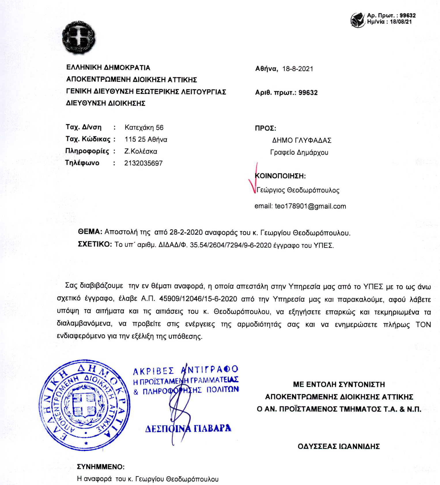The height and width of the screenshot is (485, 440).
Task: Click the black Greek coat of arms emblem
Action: tap(79, 38)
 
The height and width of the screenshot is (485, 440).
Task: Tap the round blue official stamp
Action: tap(84, 405)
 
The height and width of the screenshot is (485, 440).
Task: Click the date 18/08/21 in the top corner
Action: tap(401, 22)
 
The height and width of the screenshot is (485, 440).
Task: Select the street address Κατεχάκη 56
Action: tap(144, 128)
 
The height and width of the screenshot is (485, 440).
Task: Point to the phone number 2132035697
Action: tap(143, 163)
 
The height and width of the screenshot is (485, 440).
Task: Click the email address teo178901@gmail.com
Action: tap(310, 206)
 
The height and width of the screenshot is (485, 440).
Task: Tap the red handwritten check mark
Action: tap(253, 179)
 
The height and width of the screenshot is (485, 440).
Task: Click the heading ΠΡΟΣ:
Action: tap(265, 128)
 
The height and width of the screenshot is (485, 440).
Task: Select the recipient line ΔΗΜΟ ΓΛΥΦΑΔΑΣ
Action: tap(302, 141)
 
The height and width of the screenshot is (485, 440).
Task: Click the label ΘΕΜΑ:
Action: tap(90, 232)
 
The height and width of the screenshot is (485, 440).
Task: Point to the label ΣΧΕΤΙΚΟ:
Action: tap(95, 244)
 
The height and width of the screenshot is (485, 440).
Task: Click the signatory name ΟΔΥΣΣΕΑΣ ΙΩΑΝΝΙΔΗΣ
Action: tap(339, 447)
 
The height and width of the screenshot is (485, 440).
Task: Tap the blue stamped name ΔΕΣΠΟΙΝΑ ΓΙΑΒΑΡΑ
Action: tap(188, 428)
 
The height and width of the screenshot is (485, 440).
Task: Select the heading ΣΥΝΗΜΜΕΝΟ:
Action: tap(101, 467)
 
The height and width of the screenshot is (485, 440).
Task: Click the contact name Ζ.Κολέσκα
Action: tap(141, 151)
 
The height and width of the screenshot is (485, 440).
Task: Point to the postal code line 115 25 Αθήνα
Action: tap(146, 140)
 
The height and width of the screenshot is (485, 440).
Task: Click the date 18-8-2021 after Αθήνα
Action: tap(298, 69)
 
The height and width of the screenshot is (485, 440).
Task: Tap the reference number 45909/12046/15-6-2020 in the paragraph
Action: tap(198, 299)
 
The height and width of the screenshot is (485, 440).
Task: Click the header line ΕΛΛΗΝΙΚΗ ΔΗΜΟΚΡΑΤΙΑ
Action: tap(108, 68)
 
